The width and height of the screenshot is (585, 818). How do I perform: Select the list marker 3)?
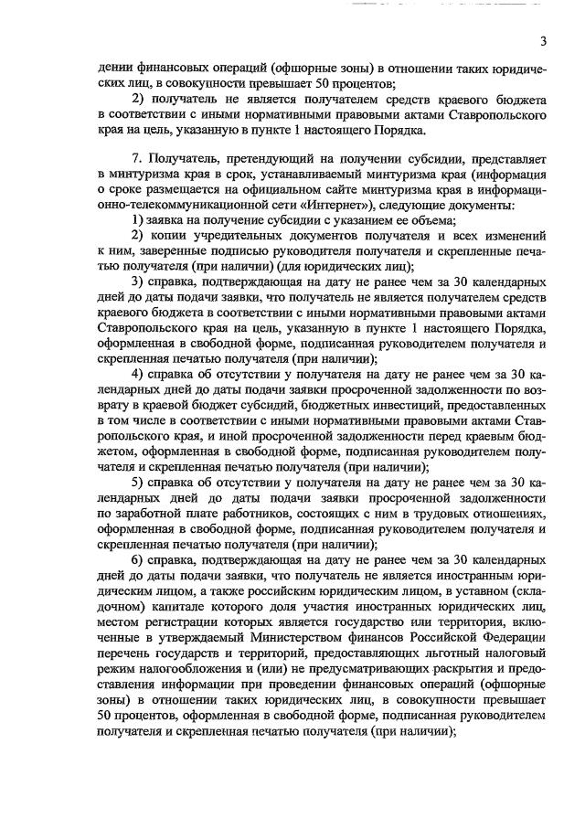click(x=138, y=280)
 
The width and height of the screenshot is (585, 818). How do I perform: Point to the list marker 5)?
click(x=138, y=482)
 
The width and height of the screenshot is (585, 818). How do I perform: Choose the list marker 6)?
click(x=138, y=560)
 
